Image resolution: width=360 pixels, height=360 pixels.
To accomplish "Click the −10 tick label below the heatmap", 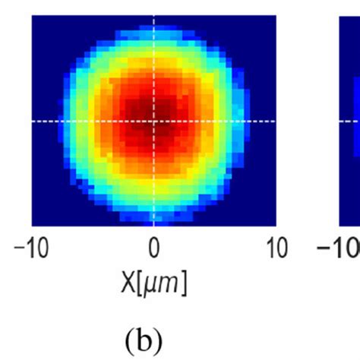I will tap(31, 249).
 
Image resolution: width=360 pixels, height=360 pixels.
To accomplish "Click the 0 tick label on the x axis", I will tap(153, 249).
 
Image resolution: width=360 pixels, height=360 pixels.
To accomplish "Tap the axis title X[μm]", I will tap(153, 283).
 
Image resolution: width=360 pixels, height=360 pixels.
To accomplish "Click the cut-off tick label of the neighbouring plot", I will tap(337, 249).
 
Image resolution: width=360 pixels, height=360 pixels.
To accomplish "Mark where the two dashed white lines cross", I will tap(153, 121).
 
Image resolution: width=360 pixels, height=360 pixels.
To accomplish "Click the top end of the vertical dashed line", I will tap(153, 17).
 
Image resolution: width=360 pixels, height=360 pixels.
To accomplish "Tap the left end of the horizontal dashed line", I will tap(33, 121).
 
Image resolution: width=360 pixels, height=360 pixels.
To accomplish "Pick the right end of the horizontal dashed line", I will tap(274, 121).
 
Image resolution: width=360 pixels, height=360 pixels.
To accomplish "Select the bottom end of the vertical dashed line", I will tap(153, 224).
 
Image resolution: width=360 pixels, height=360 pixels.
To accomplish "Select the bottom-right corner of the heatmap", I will tap(275, 225).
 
